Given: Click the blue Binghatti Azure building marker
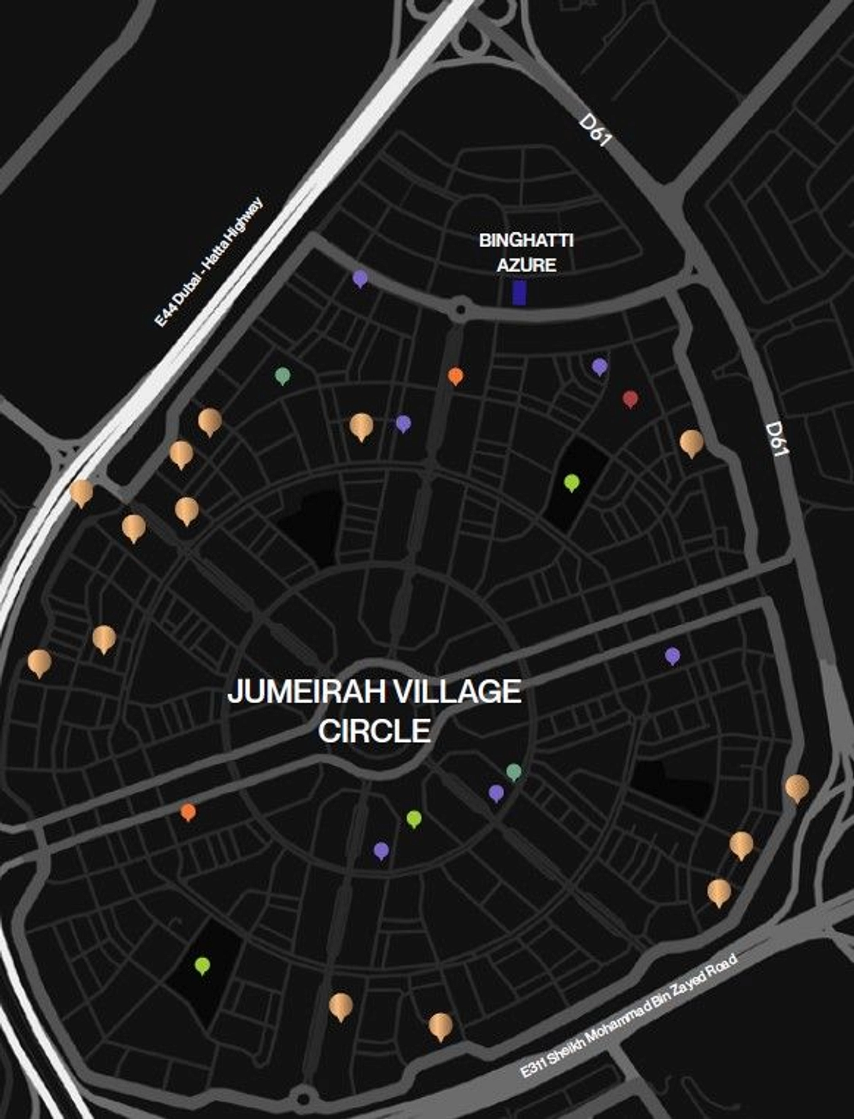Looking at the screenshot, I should (x=519, y=293).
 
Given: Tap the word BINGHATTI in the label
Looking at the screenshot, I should (x=526, y=240).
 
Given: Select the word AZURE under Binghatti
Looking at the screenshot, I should (x=526, y=265).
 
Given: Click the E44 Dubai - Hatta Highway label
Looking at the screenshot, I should (x=209, y=262).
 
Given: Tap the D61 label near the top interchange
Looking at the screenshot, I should (x=595, y=130).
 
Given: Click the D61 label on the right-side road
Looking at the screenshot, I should (x=777, y=438).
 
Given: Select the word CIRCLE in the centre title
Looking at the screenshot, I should (x=374, y=731).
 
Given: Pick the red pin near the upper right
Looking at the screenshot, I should (x=630, y=399).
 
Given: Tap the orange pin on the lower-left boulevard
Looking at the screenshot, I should (x=188, y=811).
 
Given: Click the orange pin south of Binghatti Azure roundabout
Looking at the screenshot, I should (x=455, y=375).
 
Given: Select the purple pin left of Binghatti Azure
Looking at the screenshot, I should (x=360, y=278).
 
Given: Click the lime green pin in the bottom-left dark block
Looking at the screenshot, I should (x=202, y=965).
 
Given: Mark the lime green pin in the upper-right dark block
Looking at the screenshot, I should (x=571, y=482).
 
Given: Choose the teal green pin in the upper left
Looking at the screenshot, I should (x=282, y=375).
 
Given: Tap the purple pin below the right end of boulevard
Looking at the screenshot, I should (x=672, y=655).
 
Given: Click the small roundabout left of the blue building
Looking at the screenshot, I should (x=460, y=308).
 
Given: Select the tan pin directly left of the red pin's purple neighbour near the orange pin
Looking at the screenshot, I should (x=361, y=425).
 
